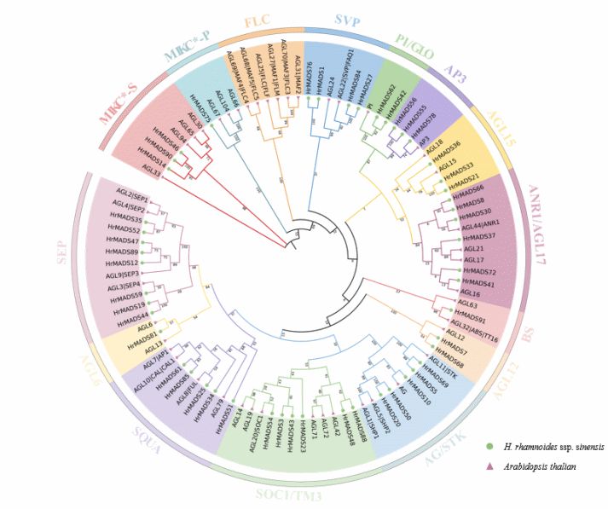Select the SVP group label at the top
pos(347,19)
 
